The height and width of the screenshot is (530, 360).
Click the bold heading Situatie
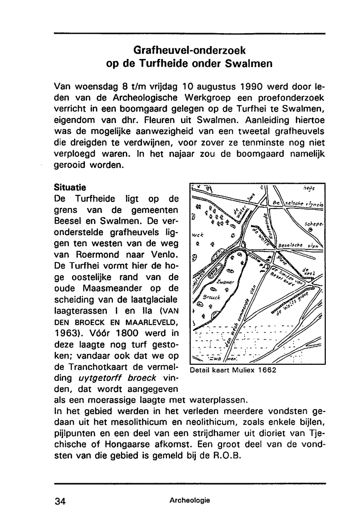coord(70,187)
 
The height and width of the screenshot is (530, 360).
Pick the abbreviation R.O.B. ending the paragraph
coord(226,456)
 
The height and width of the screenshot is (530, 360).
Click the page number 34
coord(60,501)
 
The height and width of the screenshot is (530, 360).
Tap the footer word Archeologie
coord(190,500)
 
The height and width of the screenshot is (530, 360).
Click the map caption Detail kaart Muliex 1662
coord(233,370)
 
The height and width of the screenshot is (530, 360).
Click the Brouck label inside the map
coord(211,298)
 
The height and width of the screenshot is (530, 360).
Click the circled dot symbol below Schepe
coord(310,229)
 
